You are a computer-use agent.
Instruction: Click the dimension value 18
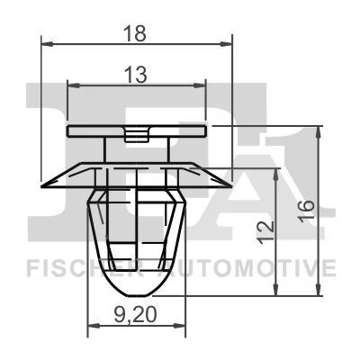coord(136,33)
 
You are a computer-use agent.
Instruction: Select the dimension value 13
coord(136,75)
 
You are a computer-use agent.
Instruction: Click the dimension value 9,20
coord(135,315)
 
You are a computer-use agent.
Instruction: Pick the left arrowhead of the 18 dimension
coord(47,44)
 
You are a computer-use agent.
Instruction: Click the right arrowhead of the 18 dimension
coord(226,44)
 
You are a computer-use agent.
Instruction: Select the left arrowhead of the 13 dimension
coord(74,85)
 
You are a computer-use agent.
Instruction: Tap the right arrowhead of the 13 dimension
coord(200,85)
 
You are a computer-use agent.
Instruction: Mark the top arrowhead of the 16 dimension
coord(318,132)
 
